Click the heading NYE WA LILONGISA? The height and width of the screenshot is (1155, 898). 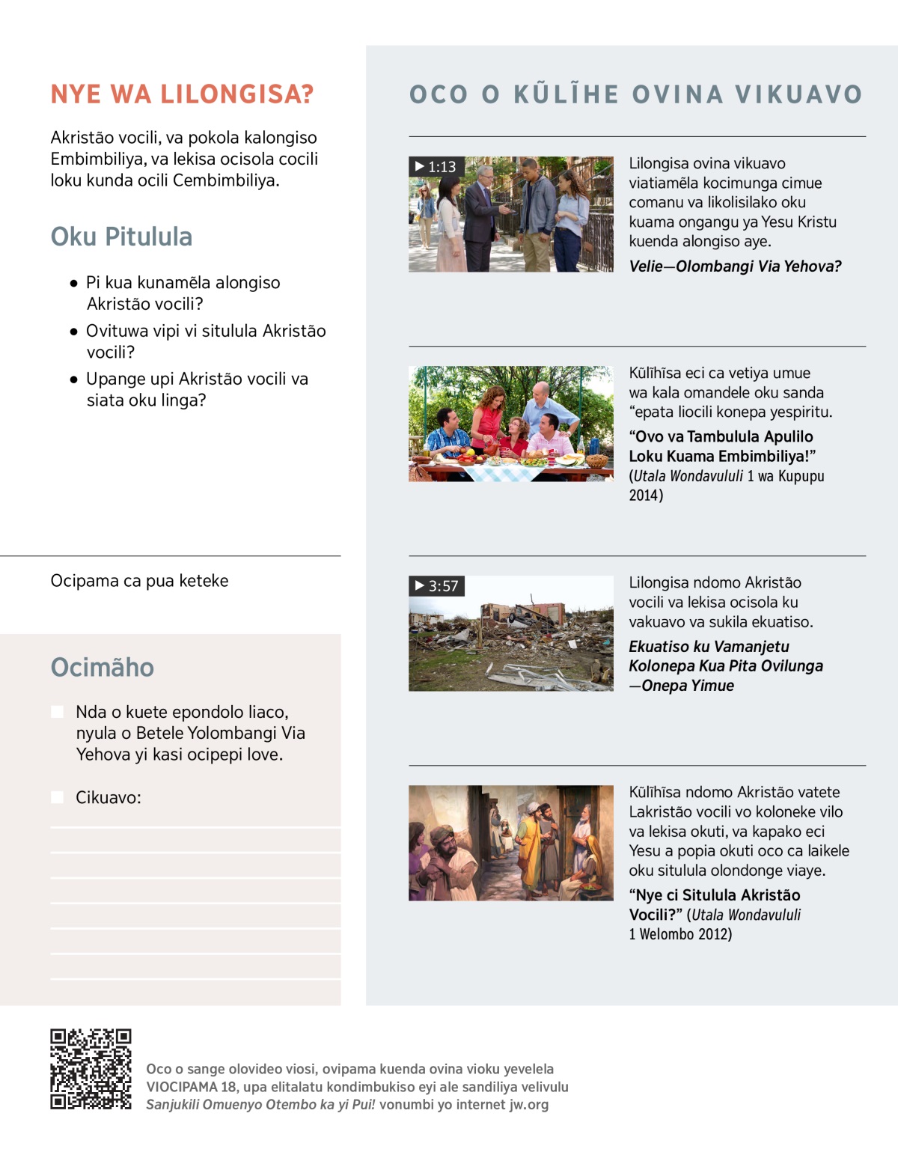[x=182, y=94]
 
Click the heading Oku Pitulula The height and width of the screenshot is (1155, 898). [x=121, y=237]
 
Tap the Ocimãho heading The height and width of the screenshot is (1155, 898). [x=102, y=667]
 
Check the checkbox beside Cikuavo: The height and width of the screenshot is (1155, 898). [x=57, y=797]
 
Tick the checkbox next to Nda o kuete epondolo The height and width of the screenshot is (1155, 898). [x=57, y=712]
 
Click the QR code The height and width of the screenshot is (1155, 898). [x=91, y=1069]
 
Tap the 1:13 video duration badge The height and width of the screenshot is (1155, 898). [x=436, y=166]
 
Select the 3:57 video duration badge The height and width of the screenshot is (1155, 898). [x=436, y=585]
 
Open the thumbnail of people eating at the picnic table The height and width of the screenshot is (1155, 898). [x=510, y=424]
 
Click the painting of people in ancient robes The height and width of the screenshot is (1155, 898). [x=510, y=843]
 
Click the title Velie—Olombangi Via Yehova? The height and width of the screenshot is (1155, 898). [x=735, y=266]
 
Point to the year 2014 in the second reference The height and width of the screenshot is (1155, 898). [x=644, y=496]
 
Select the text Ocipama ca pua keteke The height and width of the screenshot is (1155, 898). [x=139, y=581]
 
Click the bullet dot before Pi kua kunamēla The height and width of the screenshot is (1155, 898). [x=73, y=283]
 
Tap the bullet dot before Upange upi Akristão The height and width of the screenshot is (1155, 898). [x=73, y=380]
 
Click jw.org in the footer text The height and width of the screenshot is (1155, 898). [x=528, y=1105]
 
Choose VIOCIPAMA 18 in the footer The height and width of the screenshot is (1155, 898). [x=191, y=1087]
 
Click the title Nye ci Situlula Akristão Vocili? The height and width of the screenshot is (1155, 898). [x=714, y=905]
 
